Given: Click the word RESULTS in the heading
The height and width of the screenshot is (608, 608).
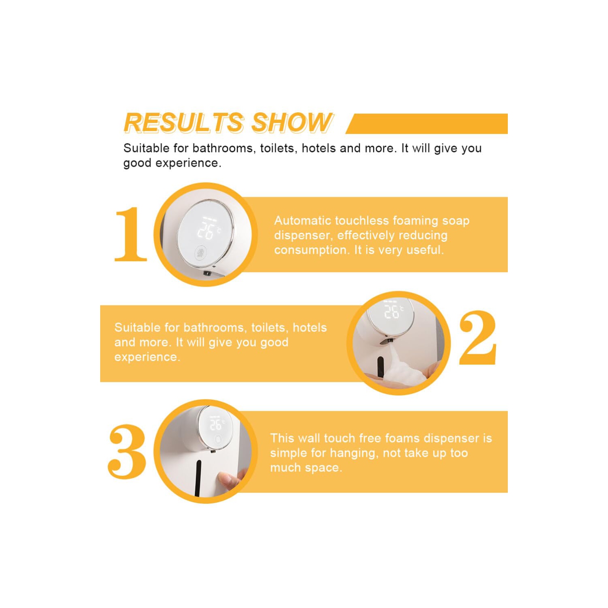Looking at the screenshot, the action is [184, 122].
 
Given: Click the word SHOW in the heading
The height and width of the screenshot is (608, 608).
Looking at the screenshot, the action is [292, 122].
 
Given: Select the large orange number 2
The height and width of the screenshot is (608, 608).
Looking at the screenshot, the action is [478, 337].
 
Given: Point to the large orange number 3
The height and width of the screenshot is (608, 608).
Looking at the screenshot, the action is [127, 451].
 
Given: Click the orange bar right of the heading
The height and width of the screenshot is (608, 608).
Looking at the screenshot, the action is [427, 124].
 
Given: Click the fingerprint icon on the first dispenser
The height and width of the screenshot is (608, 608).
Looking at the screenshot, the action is [200, 254].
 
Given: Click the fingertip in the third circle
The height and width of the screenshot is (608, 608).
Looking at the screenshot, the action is [231, 480].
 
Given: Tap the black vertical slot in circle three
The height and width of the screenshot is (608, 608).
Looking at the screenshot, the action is [198, 478].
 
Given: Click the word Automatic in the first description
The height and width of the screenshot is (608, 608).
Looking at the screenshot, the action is [302, 221].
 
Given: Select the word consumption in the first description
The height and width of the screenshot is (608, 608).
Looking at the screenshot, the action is [312, 250].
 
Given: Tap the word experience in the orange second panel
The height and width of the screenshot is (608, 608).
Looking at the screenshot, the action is [147, 357].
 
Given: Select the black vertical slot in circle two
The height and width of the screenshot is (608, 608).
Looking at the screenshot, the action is [380, 366].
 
